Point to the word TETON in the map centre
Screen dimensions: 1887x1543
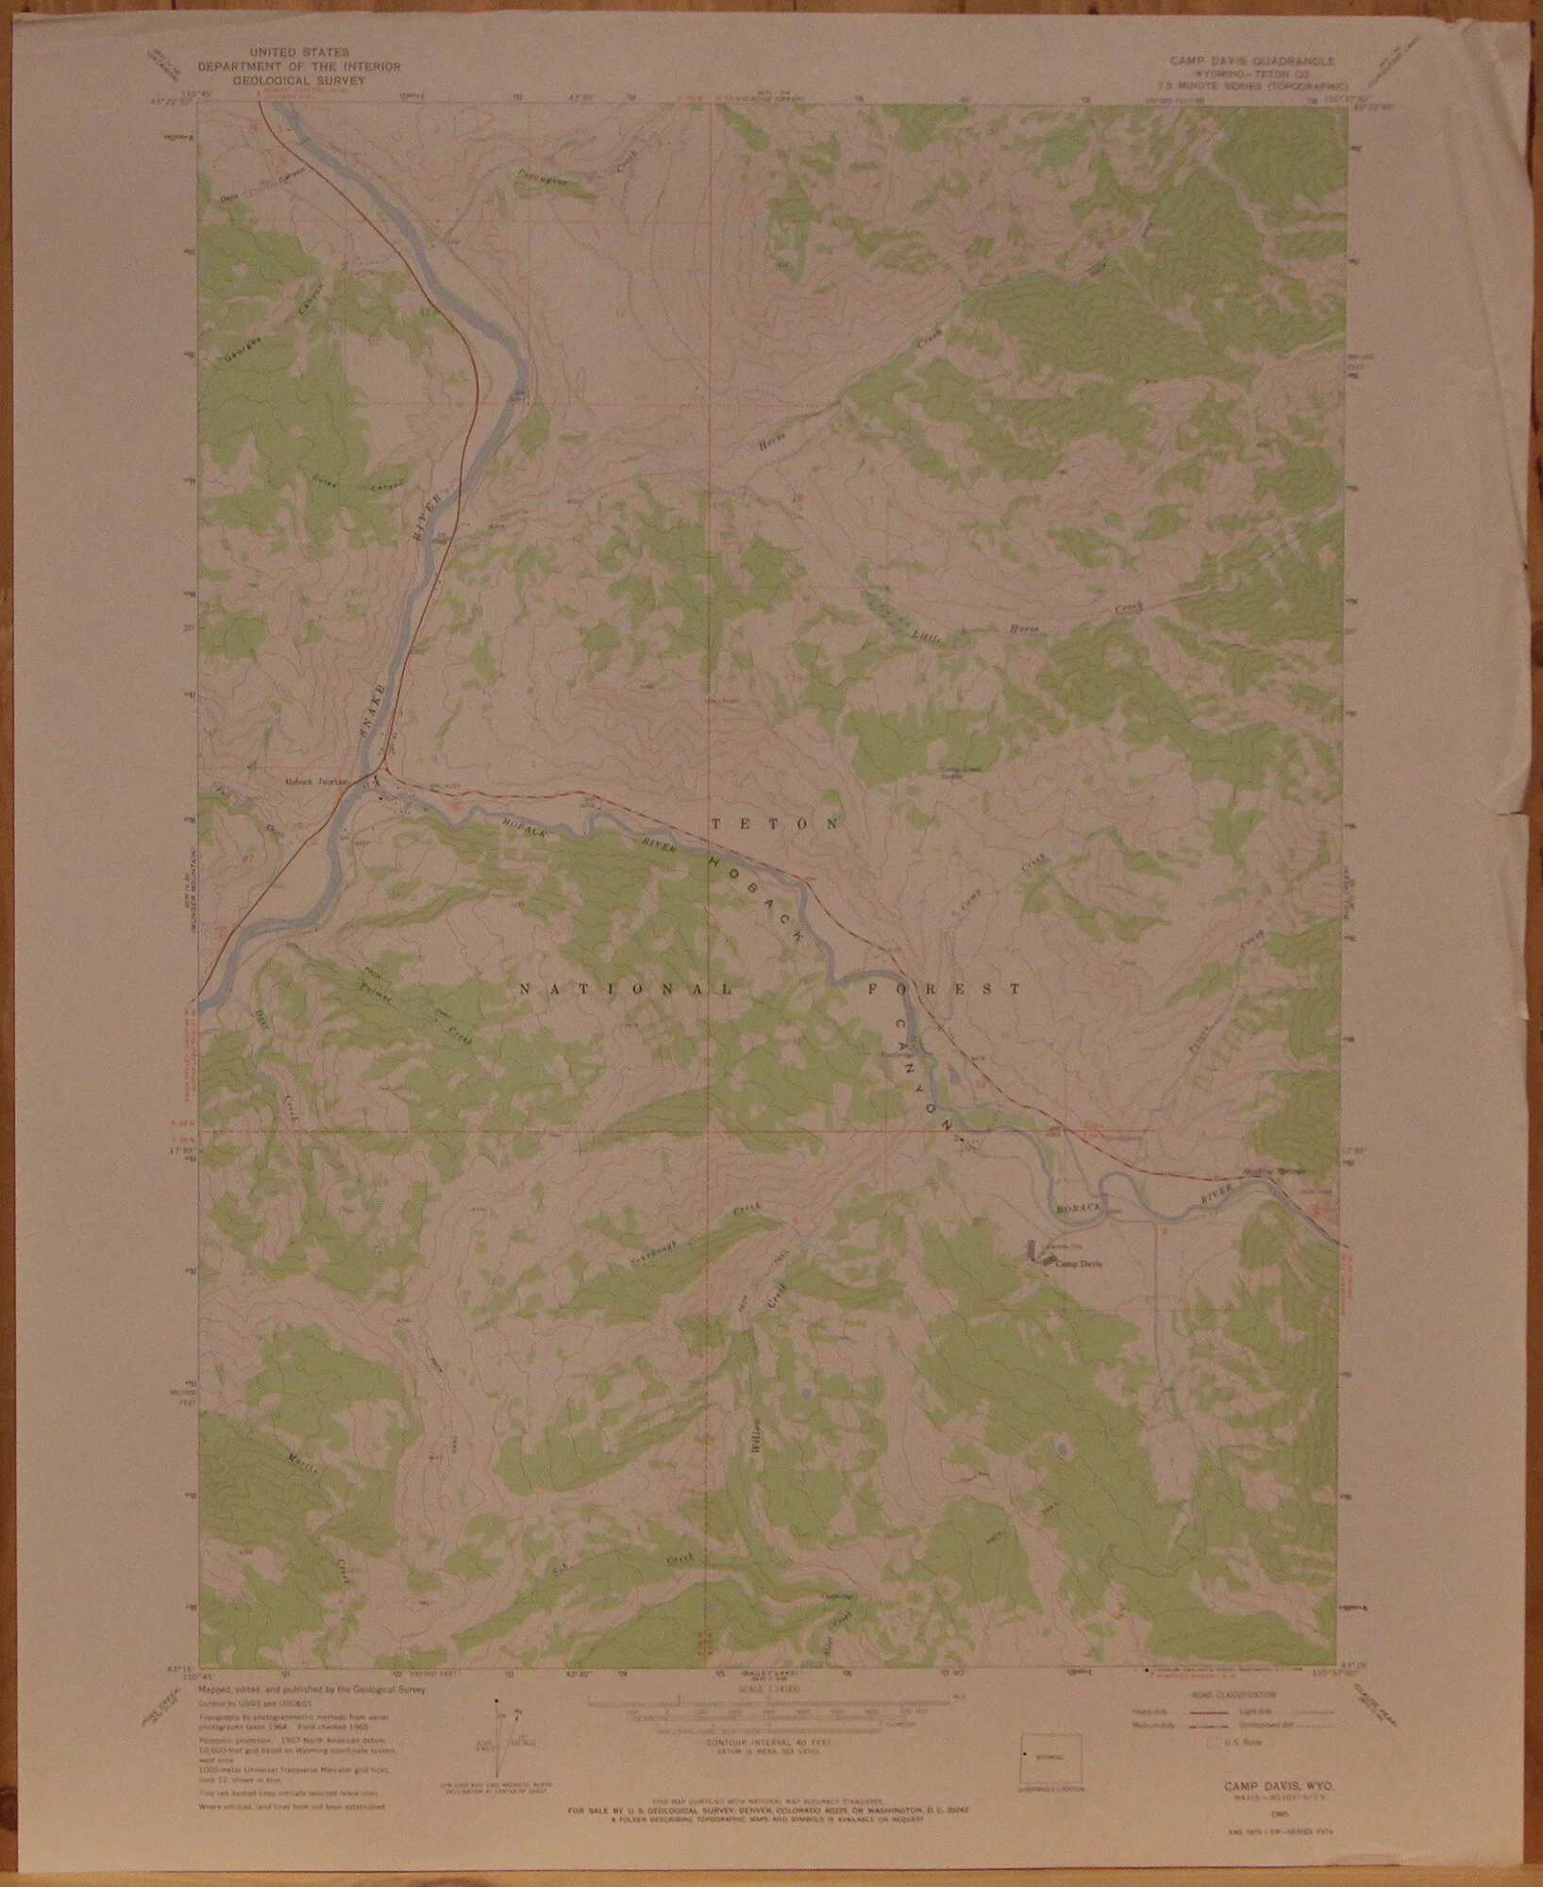point(773,824)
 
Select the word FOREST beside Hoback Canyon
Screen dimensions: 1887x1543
point(944,990)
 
